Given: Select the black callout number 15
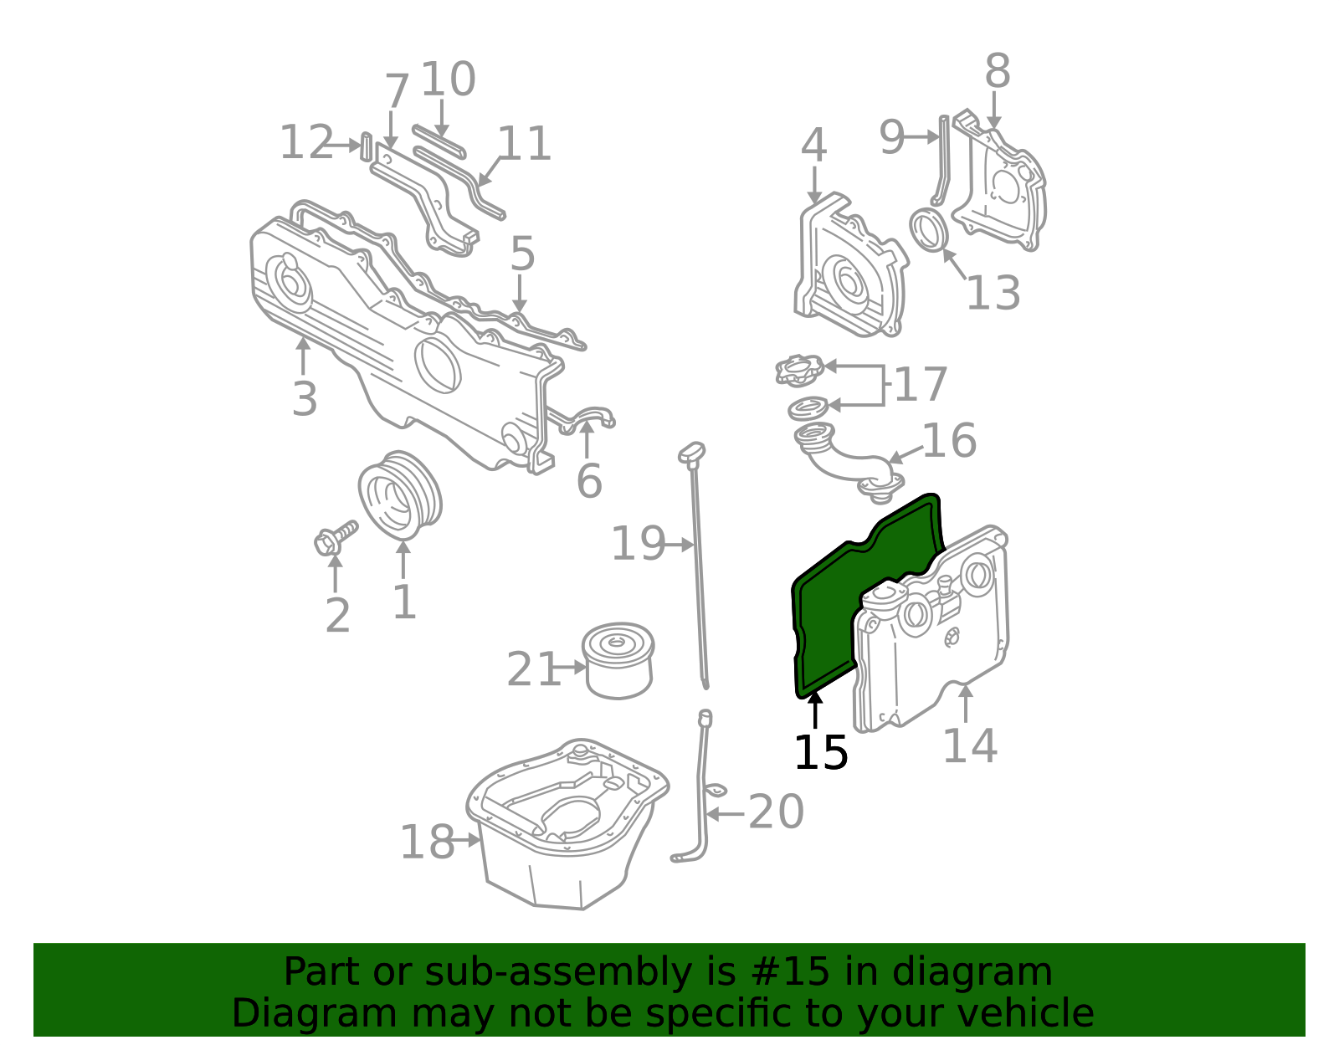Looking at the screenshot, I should (x=820, y=753).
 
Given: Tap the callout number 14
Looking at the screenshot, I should (x=969, y=745).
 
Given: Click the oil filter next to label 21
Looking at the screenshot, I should (x=618, y=660).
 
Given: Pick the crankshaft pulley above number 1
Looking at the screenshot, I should (x=400, y=496).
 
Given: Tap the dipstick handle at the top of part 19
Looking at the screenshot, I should (x=691, y=453).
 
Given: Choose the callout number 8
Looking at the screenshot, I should (x=997, y=72).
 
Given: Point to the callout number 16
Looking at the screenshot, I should (x=949, y=441).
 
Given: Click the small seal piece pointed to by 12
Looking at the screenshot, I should (x=366, y=146).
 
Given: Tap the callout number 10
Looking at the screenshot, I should (x=448, y=79).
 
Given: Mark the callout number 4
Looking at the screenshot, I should (x=813, y=146).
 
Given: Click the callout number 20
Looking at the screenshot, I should (x=776, y=812).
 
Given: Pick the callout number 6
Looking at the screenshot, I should (x=589, y=481).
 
